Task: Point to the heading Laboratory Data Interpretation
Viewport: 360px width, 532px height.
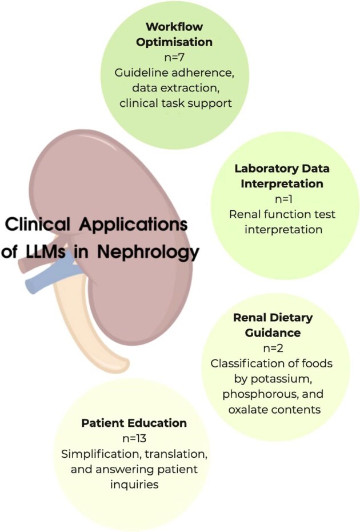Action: tap(281, 177)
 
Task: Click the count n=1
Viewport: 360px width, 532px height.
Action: tap(281, 199)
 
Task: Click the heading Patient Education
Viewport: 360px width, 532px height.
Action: tap(134, 423)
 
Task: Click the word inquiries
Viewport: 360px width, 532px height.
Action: tap(133, 484)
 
